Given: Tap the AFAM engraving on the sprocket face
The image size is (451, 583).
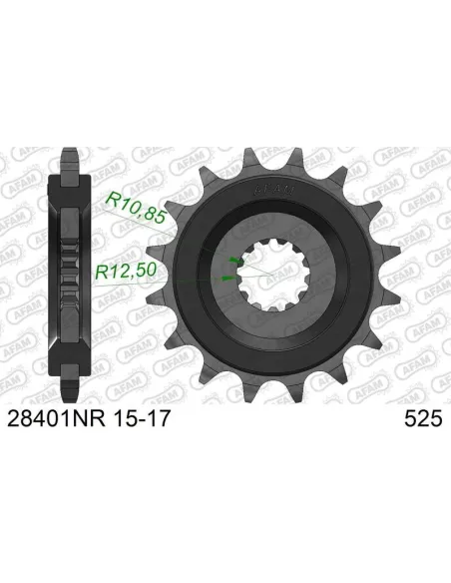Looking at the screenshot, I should (269, 186).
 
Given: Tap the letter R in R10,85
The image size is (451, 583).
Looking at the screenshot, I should (111, 201).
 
